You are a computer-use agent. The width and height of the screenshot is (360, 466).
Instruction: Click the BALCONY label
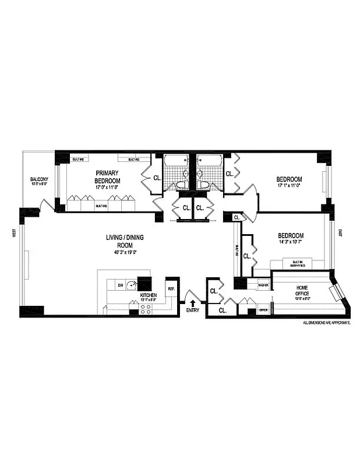pyautogui.click(x=39, y=179)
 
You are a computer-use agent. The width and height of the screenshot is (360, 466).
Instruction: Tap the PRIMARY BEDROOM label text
pyautogui.click(x=107, y=176)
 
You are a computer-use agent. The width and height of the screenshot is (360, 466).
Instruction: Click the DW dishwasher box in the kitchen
pyautogui.click(x=120, y=285)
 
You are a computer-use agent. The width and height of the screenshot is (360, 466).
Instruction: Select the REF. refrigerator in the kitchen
pyautogui.click(x=171, y=288)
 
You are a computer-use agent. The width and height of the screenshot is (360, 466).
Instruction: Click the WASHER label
pyautogui.click(x=262, y=285)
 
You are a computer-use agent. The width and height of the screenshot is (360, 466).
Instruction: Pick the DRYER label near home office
pyautogui.click(x=263, y=310)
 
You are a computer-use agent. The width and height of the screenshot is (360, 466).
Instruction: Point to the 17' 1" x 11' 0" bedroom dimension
pyautogui.click(x=290, y=187)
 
